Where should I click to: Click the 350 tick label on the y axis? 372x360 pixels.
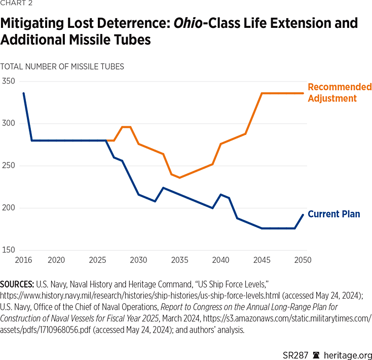tap(9, 81)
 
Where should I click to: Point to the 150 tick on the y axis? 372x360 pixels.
tap(9, 250)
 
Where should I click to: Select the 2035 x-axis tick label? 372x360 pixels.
tap(179, 260)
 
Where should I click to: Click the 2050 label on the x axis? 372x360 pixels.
tap(303, 260)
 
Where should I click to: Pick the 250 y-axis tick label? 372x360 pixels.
tap(9, 166)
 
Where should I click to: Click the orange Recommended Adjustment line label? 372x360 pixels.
tap(339, 93)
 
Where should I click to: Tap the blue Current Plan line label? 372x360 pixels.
tap(334, 214)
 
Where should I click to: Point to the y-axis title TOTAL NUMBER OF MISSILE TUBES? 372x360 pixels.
tap(62, 66)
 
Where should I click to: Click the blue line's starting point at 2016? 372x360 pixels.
tap(23, 93)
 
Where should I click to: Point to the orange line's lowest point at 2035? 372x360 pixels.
tap(179, 177)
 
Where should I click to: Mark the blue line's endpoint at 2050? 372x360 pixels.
tap(303, 214)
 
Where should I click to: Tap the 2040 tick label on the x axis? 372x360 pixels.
tap(220, 260)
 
